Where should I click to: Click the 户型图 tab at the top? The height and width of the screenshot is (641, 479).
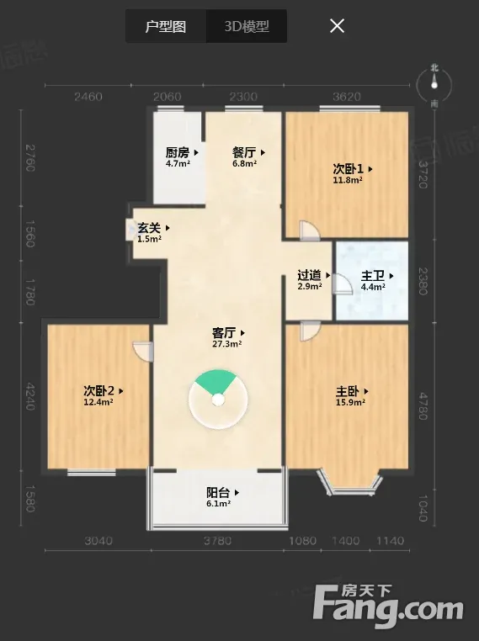pyautogui.click(x=166, y=27)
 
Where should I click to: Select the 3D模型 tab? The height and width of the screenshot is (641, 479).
pyautogui.click(x=247, y=27)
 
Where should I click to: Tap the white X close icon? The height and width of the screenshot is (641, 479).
pyautogui.click(x=337, y=26)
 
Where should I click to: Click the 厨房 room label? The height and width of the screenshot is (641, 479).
pyautogui.click(x=178, y=153)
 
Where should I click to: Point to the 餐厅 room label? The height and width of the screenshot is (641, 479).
pyautogui.click(x=244, y=153)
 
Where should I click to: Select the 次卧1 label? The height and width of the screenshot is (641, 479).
pyautogui.click(x=349, y=169)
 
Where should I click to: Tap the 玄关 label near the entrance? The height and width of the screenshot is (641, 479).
pyautogui.click(x=149, y=228)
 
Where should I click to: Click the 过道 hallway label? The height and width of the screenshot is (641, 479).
pyautogui.click(x=309, y=275)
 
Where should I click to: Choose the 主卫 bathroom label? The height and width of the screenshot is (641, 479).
pyautogui.click(x=373, y=276)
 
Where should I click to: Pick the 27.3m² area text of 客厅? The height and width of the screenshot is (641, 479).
pyautogui.click(x=227, y=344)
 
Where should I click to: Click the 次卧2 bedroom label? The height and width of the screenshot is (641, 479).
pyautogui.click(x=98, y=391)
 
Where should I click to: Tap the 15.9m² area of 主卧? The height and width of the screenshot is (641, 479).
pyautogui.click(x=350, y=402)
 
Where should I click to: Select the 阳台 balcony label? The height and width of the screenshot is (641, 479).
pyautogui.click(x=218, y=493)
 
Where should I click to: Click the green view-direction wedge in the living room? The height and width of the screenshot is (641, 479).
pyautogui.click(x=216, y=381)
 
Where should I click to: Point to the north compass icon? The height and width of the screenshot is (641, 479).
pyautogui.click(x=434, y=85)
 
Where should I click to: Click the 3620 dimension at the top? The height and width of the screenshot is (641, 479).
pyautogui.click(x=347, y=97)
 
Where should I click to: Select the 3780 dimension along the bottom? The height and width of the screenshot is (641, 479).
pyautogui.click(x=218, y=541)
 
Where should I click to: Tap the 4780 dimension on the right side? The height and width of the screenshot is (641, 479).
pyautogui.click(x=423, y=406)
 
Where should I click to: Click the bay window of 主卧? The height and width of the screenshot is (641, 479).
pyautogui.click(x=349, y=481)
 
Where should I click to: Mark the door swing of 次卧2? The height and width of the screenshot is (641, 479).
pyautogui.click(x=143, y=352)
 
